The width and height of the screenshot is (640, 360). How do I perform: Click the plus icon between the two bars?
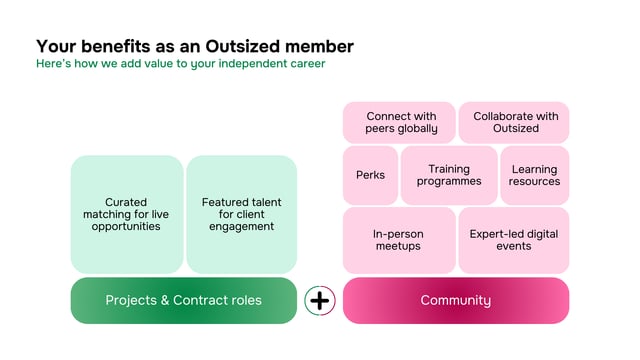point(319,300)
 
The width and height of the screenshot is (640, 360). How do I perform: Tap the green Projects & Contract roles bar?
point(183,300)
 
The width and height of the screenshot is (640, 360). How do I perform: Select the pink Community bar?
point(455,300)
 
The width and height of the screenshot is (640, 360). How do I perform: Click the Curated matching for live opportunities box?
point(126,214)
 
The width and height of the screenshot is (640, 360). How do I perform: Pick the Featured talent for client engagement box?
point(241,214)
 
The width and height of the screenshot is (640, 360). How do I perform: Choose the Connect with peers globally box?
point(400,122)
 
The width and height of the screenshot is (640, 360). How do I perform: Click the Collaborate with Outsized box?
point(514,122)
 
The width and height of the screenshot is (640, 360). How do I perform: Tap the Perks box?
point(370,175)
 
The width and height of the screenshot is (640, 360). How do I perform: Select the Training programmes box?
point(449,175)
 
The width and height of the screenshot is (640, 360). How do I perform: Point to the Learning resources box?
point(533,175)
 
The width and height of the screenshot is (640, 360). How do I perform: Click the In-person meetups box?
point(398,240)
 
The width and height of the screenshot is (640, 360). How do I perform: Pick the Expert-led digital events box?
point(513,240)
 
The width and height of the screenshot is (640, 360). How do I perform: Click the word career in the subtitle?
point(302,64)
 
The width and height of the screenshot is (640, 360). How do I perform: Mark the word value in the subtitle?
point(161,64)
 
